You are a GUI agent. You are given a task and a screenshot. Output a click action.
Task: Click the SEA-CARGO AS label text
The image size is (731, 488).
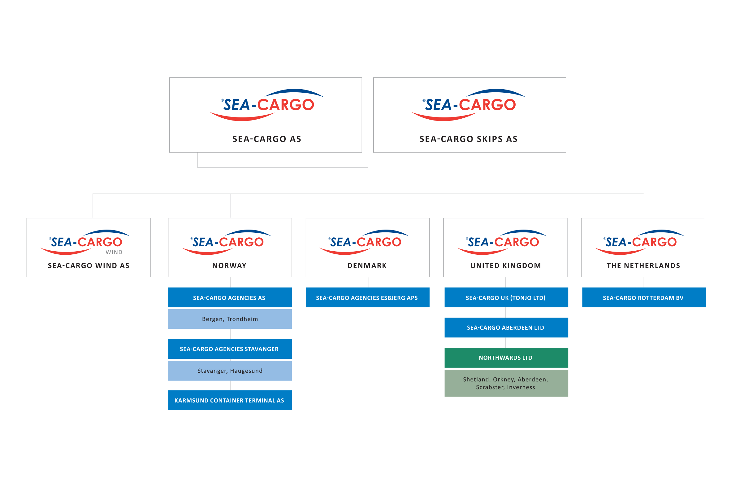click(267, 139)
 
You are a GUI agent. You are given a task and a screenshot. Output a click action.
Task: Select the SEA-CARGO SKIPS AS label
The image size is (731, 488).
click(469, 139)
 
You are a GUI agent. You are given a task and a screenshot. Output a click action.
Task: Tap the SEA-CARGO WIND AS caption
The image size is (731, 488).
click(89, 266)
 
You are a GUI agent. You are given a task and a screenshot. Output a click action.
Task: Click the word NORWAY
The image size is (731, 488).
click(229, 266)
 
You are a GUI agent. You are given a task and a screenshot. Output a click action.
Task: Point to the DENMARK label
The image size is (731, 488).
click(367, 266)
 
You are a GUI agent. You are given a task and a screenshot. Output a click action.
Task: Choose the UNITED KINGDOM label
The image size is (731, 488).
click(506, 266)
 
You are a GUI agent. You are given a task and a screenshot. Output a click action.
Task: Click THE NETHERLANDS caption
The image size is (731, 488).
click(643, 266)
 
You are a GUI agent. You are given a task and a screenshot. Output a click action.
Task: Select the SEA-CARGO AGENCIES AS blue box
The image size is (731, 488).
click(230, 297)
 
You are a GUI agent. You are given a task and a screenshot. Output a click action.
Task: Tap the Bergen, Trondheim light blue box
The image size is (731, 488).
click(230, 319)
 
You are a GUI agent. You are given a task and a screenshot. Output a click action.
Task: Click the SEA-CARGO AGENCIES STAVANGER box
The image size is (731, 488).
click(230, 349)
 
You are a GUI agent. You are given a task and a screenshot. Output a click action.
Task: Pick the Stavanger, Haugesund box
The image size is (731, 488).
click(230, 371)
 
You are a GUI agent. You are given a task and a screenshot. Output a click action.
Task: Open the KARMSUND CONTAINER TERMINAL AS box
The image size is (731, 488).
click(230, 400)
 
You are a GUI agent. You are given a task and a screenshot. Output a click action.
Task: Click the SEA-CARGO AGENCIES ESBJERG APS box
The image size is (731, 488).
click(367, 297)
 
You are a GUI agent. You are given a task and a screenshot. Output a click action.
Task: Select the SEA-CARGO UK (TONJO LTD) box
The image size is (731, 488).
click(506, 297)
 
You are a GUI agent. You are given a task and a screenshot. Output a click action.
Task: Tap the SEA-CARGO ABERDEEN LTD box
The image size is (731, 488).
click(506, 328)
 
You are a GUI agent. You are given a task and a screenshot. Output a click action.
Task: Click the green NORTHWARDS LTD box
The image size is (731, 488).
click(506, 358)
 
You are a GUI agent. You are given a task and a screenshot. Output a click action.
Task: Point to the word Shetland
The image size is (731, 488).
click(476, 379)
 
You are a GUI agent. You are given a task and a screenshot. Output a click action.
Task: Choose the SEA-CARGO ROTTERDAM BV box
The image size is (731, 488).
click(643, 297)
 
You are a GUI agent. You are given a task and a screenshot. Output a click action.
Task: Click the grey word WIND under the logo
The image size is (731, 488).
click(114, 252)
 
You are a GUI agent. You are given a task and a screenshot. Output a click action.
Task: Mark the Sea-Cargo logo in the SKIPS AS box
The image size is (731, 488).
click(469, 105)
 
